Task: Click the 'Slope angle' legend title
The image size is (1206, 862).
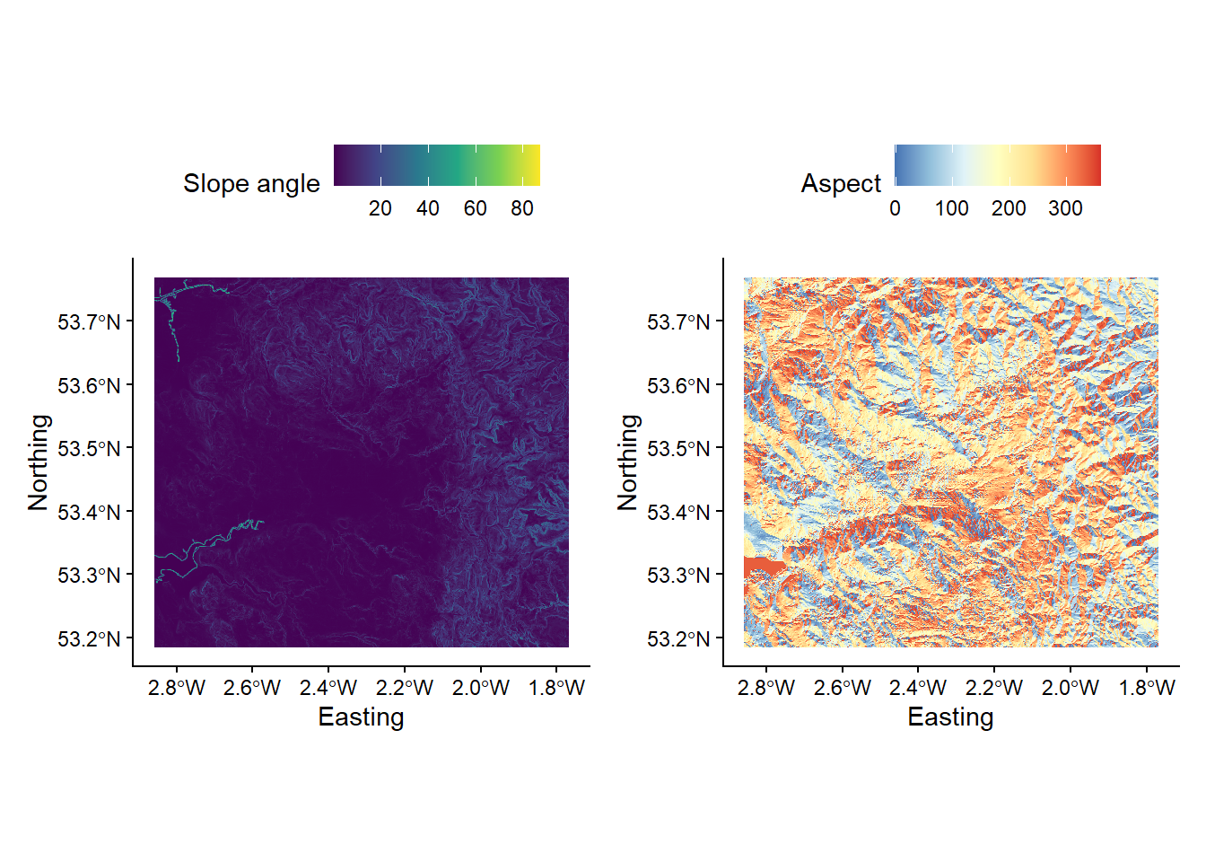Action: click(x=251, y=183)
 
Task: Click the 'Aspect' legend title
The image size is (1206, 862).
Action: click(x=841, y=183)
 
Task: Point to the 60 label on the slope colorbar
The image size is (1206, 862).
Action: click(x=475, y=208)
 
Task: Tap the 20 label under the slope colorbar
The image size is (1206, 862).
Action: click(x=380, y=208)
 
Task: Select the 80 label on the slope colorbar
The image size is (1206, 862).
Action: click(x=522, y=208)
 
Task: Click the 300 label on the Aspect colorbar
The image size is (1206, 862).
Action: click(x=1065, y=208)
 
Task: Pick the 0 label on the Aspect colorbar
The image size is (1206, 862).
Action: click(x=895, y=208)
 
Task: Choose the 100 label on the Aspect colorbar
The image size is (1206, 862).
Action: click(x=951, y=208)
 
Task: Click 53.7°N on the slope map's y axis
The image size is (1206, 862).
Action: click(x=89, y=321)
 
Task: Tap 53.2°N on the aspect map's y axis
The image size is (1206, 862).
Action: click(x=678, y=639)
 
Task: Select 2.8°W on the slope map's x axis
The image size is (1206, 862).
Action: click(x=177, y=688)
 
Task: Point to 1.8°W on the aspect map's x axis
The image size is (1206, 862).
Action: click(x=1147, y=688)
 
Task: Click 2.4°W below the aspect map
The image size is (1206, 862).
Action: click(x=918, y=688)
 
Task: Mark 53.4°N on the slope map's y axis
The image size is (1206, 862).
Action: click(x=89, y=513)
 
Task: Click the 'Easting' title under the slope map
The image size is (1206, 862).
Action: click(x=361, y=717)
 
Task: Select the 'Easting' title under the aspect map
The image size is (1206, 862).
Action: click(x=950, y=717)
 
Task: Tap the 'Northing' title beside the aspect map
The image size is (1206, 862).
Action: click(x=628, y=462)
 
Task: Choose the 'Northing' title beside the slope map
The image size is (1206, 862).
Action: click(x=39, y=462)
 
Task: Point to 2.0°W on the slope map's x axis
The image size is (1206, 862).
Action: click(x=481, y=688)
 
